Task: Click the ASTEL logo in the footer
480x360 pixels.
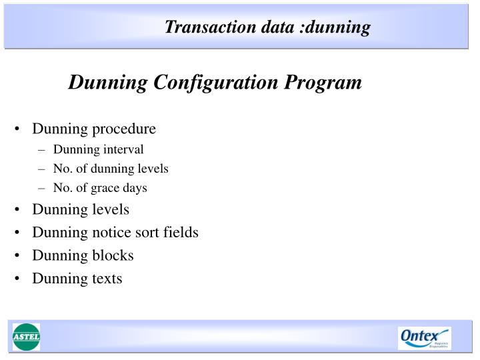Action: click(26, 337)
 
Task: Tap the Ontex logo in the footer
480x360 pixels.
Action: click(424, 337)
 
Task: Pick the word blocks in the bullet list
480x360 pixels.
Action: click(112, 255)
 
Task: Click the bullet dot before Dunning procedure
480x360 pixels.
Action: click(16, 129)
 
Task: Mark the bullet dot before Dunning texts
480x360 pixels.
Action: click(16, 278)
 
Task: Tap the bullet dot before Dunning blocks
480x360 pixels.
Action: click(16, 255)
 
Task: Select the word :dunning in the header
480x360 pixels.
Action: click(337, 27)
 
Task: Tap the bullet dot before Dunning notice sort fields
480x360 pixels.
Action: click(16, 233)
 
